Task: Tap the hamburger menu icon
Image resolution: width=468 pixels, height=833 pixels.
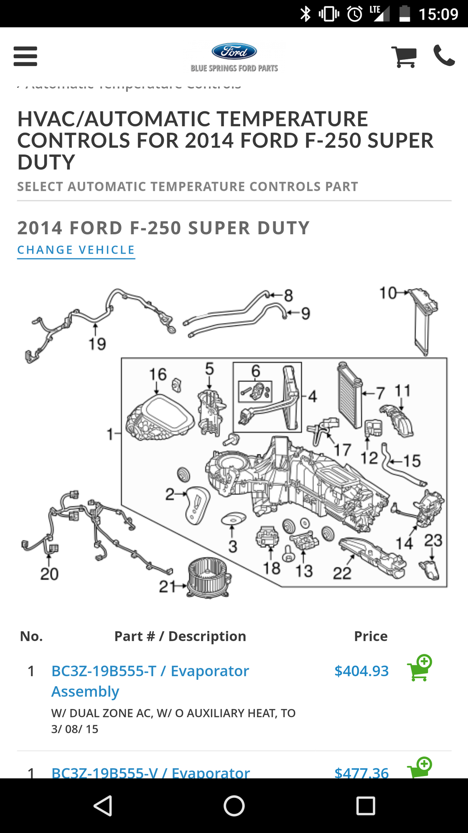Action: pyautogui.click(x=25, y=56)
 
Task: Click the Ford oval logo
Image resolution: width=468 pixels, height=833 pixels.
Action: pyautogui.click(x=234, y=51)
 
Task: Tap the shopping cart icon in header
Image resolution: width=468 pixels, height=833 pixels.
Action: pyautogui.click(x=404, y=56)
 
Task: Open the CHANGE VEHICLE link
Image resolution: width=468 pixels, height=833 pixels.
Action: pyautogui.click(x=76, y=250)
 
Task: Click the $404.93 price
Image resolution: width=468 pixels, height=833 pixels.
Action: pyautogui.click(x=361, y=671)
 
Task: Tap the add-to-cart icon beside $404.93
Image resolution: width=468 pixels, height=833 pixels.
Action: pyautogui.click(x=419, y=668)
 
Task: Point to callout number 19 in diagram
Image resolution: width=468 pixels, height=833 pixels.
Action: pyautogui.click(x=97, y=344)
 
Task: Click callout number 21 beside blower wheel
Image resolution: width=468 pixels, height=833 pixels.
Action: pyautogui.click(x=167, y=586)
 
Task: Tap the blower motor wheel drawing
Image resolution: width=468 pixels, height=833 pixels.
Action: pyautogui.click(x=208, y=577)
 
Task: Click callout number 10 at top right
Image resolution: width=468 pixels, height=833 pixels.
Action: pyautogui.click(x=388, y=293)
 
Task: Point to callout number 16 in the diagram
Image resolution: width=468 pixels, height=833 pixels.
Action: pyautogui.click(x=158, y=374)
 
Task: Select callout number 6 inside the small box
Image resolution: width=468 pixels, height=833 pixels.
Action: pyautogui.click(x=256, y=371)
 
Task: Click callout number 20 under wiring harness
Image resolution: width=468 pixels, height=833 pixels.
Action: pyautogui.click(x=49, y=574)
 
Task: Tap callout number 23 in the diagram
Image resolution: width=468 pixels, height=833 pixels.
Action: pyautogui.click(x=433, y=540)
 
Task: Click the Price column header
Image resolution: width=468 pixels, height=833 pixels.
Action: pyautogui.click(x=371, y=636)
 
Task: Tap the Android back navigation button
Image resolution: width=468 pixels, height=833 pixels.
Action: pyautogui.click(x=103, y=806)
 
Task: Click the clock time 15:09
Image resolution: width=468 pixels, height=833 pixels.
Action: pyautogui.click(x=438, y=14)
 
